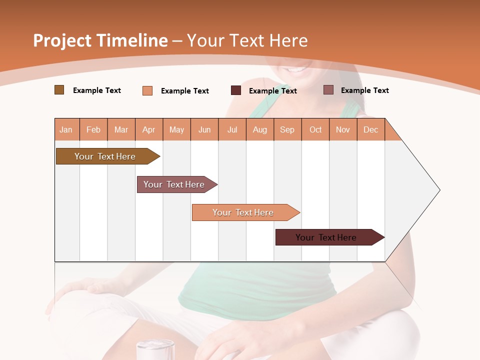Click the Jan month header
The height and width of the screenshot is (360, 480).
pyautogui.click(x=66, y=129)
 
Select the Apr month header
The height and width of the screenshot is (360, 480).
pyautogui.click(x=149, y=129)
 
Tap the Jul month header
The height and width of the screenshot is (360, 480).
pyautogui.click(x=232, y=129)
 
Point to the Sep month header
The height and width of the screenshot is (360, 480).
pyautogui.click(x=287, y=129)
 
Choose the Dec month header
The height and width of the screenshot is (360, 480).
pyautogui.click(x=370, y=129)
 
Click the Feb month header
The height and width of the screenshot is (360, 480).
pyautogui.click(x=93, y=129)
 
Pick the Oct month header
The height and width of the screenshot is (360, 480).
pyautogui.click(x=315, y=129)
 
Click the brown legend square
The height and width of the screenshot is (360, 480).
pyautogui.click(x=59, y=90)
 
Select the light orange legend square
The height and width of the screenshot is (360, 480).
pyautogui.click(x=147, y=90)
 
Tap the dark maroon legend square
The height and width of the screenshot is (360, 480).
pyautogui.click(x=236, y=90)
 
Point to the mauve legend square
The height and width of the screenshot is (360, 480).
pyautogui.click(x=328, y=90)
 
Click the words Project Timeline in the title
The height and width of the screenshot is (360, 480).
pyautogui.click(x=100, y=40)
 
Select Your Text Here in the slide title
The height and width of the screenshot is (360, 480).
pyautogui.click(x=247, y=40)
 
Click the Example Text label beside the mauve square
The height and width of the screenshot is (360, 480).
pyautogui.click(x=364, y=90)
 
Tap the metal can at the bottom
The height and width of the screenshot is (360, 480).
pyautogui.click(x=155, y=350)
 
